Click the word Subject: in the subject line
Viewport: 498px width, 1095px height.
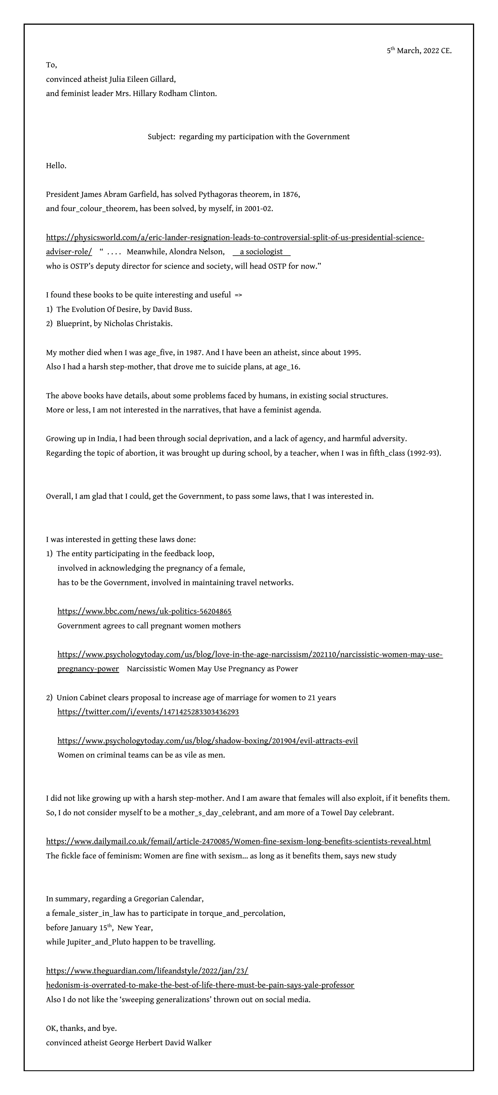pos(161,137)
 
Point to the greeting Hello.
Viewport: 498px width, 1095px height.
pos(56,166)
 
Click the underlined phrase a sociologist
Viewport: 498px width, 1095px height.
pos(261,252)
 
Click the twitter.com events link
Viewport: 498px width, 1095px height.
pos(148,712)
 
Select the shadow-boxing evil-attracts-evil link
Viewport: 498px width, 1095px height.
pos(208,741)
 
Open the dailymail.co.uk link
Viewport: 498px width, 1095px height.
pos(238,841)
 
